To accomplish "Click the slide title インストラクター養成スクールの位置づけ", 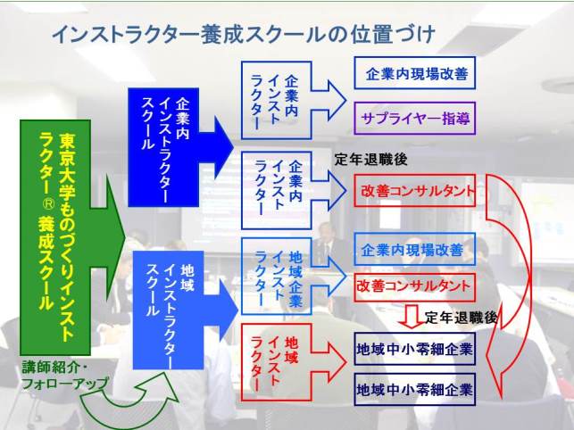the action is (244, 36).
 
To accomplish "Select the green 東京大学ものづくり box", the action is (55, 237).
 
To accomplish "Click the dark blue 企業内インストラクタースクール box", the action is (163, 147).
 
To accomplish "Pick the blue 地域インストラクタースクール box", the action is (168, 310).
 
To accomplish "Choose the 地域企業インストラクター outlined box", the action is (277, 277).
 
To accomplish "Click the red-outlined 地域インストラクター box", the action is (277, 362).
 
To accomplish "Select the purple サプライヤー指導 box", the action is (415, 119).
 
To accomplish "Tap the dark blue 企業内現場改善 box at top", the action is (415, 73).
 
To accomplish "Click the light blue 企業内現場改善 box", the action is (415, 249).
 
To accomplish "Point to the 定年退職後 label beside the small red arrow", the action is (461, 318).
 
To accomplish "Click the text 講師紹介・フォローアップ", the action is (65, 376).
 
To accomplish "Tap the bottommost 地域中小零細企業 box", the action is (415, 389).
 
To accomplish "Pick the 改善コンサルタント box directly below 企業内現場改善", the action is (415, 286).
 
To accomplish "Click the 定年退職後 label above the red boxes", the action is (370, 160).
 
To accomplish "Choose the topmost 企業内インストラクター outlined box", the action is (277, 100).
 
